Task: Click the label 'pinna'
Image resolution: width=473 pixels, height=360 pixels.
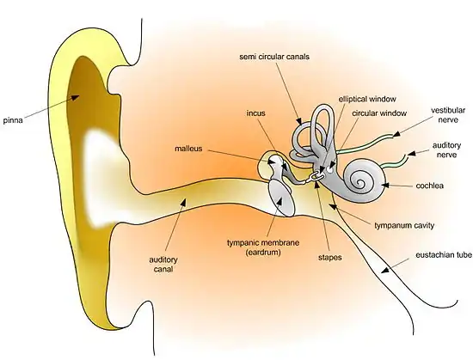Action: click(x=15, y=119)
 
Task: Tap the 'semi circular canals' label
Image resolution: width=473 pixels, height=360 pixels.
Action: click(x=276, y=57)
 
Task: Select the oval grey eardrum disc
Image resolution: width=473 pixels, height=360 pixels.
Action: click(x=281, y=198)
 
